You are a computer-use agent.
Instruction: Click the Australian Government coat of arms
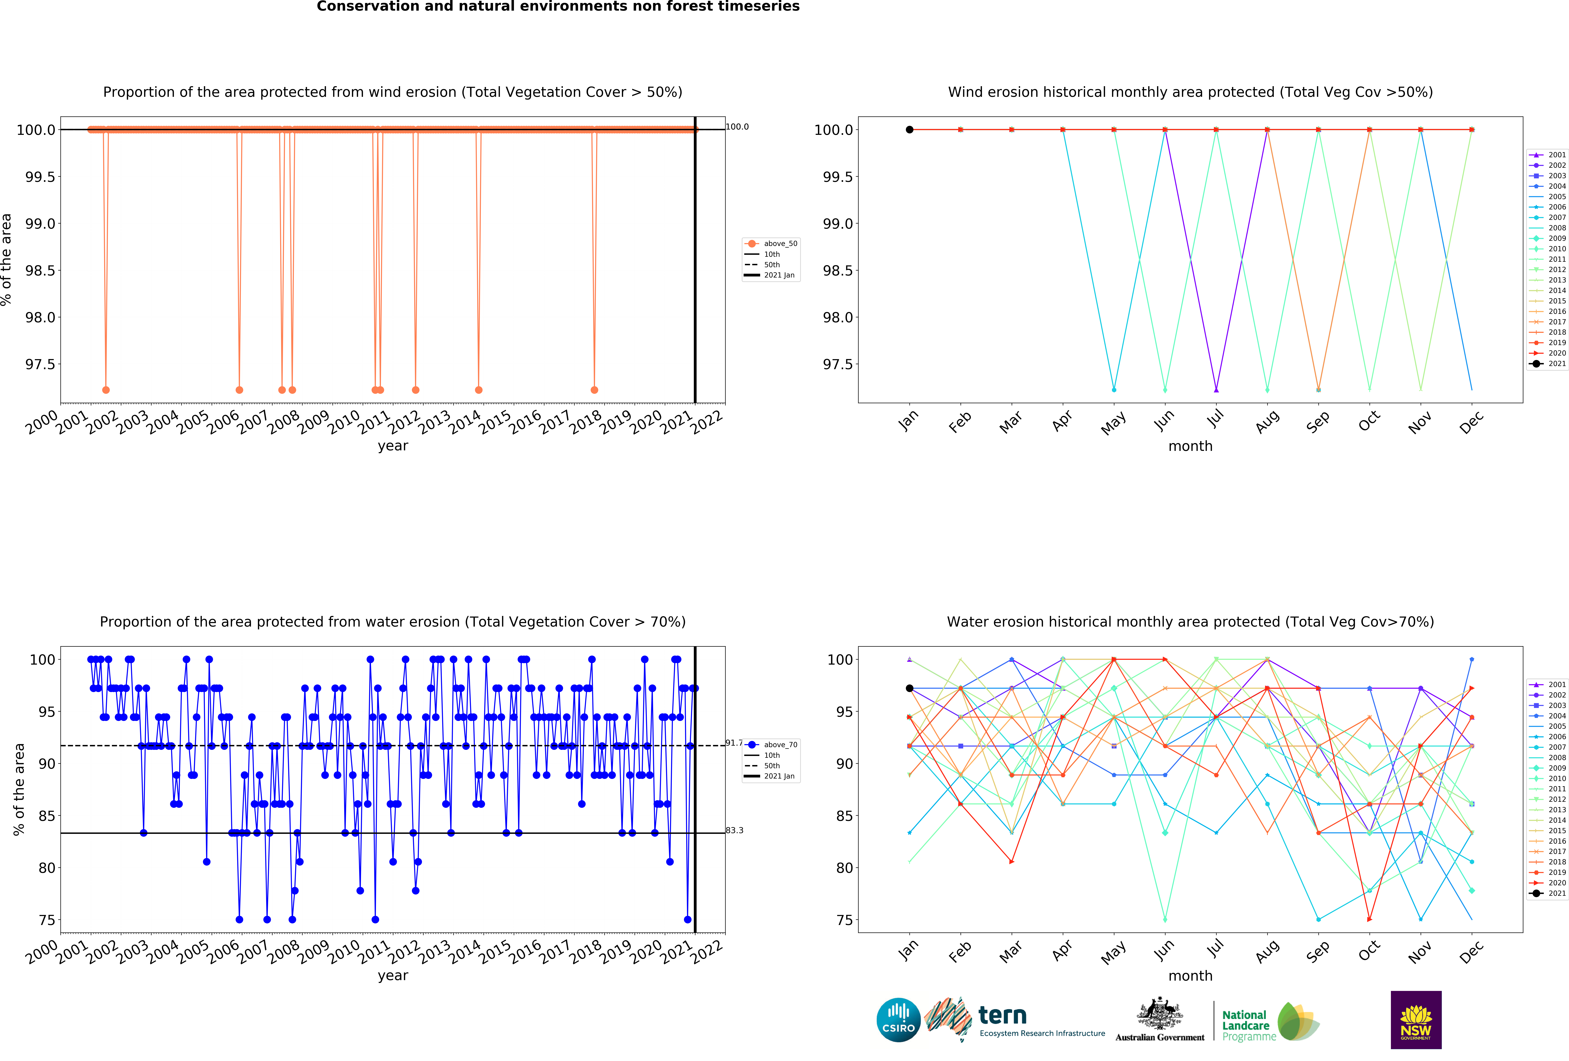pyautogui.click(x=1159, y=1013)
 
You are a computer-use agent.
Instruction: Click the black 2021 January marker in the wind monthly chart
pyautogui.click(x=909, y=130)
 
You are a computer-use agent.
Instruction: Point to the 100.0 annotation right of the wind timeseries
pyautogui.click(x=737, y=127)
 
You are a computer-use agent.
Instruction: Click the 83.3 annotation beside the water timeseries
pyautogui.click(x=735, y=830)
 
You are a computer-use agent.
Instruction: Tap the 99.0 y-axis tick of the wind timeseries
pyautogui.click(x=40, y=224)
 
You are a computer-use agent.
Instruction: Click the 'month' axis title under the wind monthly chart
pyautogui.click(x=1190, y=446)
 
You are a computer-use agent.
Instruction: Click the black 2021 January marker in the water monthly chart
pyautogui.click(x=909, y=688)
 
